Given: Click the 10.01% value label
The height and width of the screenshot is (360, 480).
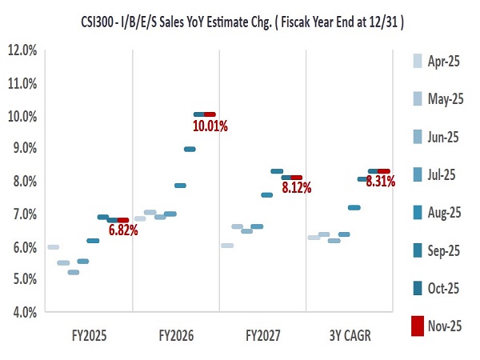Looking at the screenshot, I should (x=210, y=126).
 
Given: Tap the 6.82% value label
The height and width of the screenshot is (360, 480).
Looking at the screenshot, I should (x=123, y=230).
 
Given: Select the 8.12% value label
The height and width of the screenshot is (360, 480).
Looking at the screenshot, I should (x=296, y=188).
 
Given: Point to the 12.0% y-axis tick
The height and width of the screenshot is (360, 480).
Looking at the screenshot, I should (x=22, y=50).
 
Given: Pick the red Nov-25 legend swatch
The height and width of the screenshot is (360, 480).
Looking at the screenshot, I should (x=417, y=326).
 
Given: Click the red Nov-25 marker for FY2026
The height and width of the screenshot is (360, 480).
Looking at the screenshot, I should (x=210, y=114).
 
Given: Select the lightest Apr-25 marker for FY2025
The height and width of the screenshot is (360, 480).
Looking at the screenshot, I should (x=53, y=247).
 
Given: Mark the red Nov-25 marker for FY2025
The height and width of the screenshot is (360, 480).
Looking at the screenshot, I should (x=122, y=220).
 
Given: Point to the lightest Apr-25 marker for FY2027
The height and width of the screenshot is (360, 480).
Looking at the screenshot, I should (x=226, y=246).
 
